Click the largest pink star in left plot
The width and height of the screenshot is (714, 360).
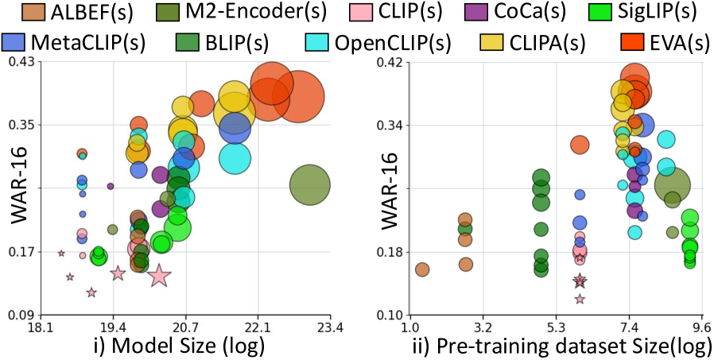point(159,275)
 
